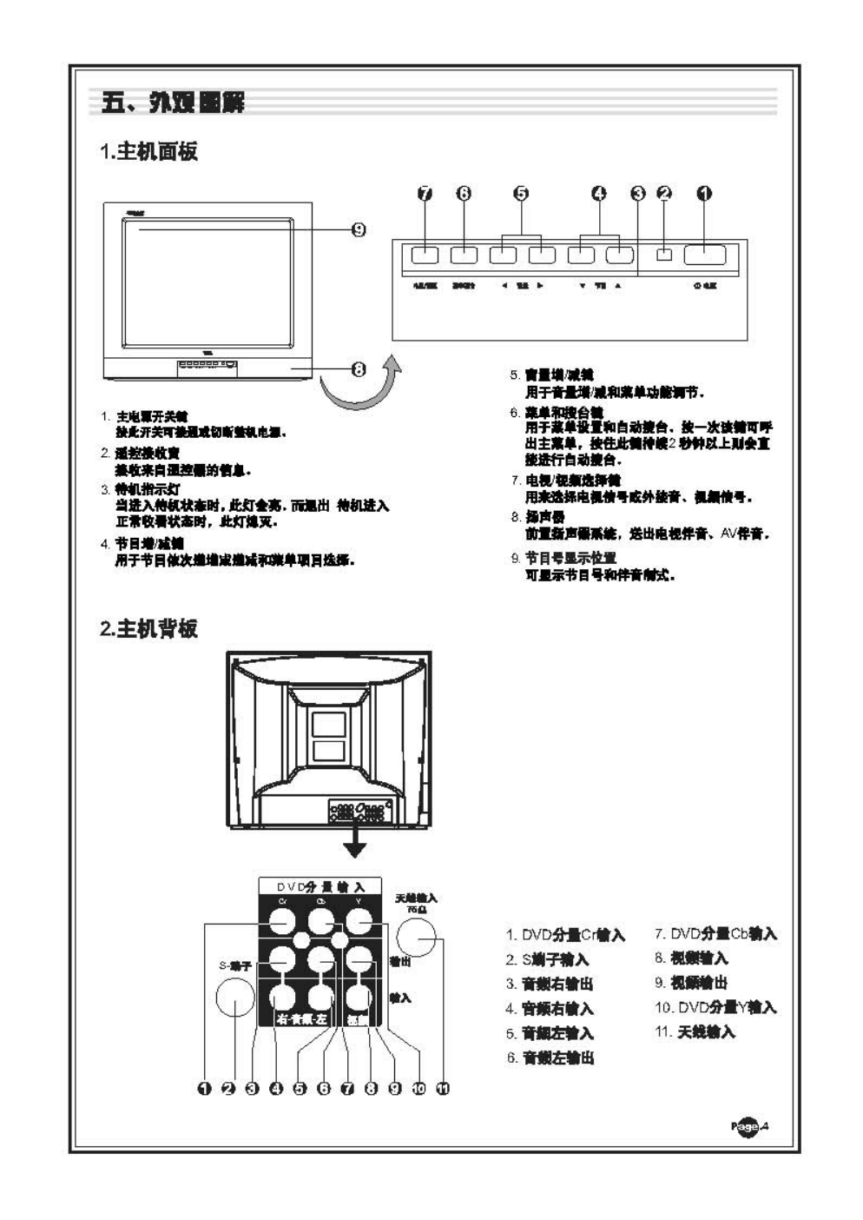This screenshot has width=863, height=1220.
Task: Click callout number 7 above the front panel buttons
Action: [x=425, y=194]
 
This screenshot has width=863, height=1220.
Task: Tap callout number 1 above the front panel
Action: [x=704, y=194]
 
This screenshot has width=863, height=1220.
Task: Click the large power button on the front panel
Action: [x=704, y=255]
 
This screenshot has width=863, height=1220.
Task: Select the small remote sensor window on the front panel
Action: [x=665, y=255]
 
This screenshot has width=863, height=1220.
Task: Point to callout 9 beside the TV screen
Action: [x=358, y=229]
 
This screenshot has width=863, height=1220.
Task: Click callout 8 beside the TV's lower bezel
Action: [x=358, y=369]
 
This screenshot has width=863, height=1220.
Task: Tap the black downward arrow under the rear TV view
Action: [x=354, y=845]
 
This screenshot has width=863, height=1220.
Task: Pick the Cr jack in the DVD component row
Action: [x=281, y=921]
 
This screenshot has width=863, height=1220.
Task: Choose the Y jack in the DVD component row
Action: [x=359, y=921]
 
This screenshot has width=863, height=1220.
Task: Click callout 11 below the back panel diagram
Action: [x=443, y=1088]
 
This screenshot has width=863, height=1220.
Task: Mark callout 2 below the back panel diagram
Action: [x=228, y=1088]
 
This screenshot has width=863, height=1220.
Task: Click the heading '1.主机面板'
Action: [x=149, y=152]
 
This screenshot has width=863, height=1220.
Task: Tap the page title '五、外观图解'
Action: [x=173, y=103]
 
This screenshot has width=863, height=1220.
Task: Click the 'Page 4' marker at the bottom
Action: [x=750, y=1127]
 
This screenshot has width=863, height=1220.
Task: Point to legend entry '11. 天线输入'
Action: [x=695, y=1032]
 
